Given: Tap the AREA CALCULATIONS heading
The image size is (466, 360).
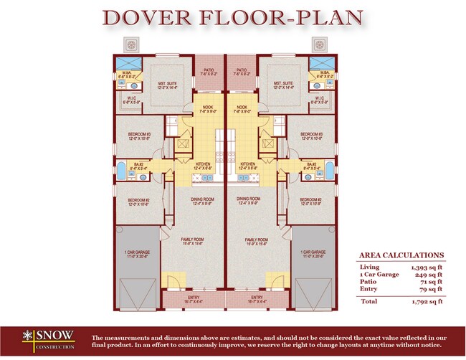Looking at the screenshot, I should coord(400,255).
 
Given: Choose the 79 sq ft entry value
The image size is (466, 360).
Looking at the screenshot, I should coord(429,290).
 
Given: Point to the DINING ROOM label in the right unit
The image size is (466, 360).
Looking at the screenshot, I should coord(248,199).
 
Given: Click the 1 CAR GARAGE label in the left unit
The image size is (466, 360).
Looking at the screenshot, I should coord(138,252).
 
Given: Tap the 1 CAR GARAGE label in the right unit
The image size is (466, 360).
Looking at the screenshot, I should coord(313,252).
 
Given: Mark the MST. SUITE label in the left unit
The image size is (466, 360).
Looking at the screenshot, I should coord(168,83).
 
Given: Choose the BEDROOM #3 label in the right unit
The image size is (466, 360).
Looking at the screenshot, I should coord(311,134).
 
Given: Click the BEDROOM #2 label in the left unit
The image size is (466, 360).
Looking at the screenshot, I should coord(138,200).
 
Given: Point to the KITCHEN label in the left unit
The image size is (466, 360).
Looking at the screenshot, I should coord(203,164).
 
